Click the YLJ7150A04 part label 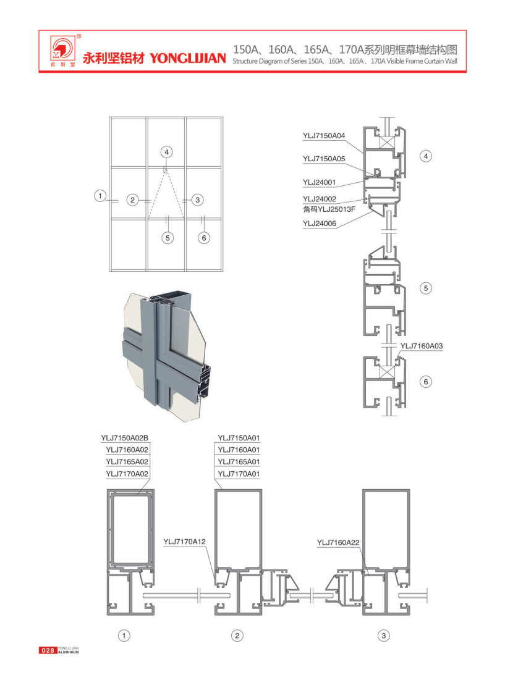324,136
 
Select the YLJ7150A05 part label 324,159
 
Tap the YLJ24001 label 320,182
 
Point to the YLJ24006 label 320,224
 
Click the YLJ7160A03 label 422,346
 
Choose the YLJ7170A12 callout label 184,541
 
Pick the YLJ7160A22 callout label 338,542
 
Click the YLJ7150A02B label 124,438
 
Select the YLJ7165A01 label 239,461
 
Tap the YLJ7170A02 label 127,474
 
